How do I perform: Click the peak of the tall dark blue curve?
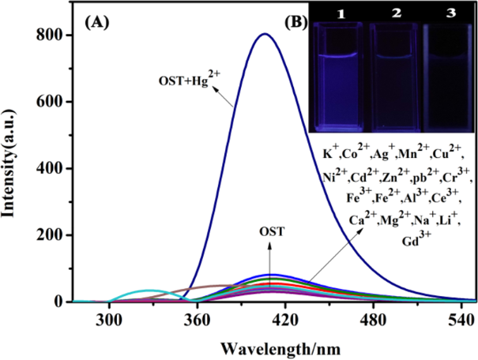click(x=264, y=34)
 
